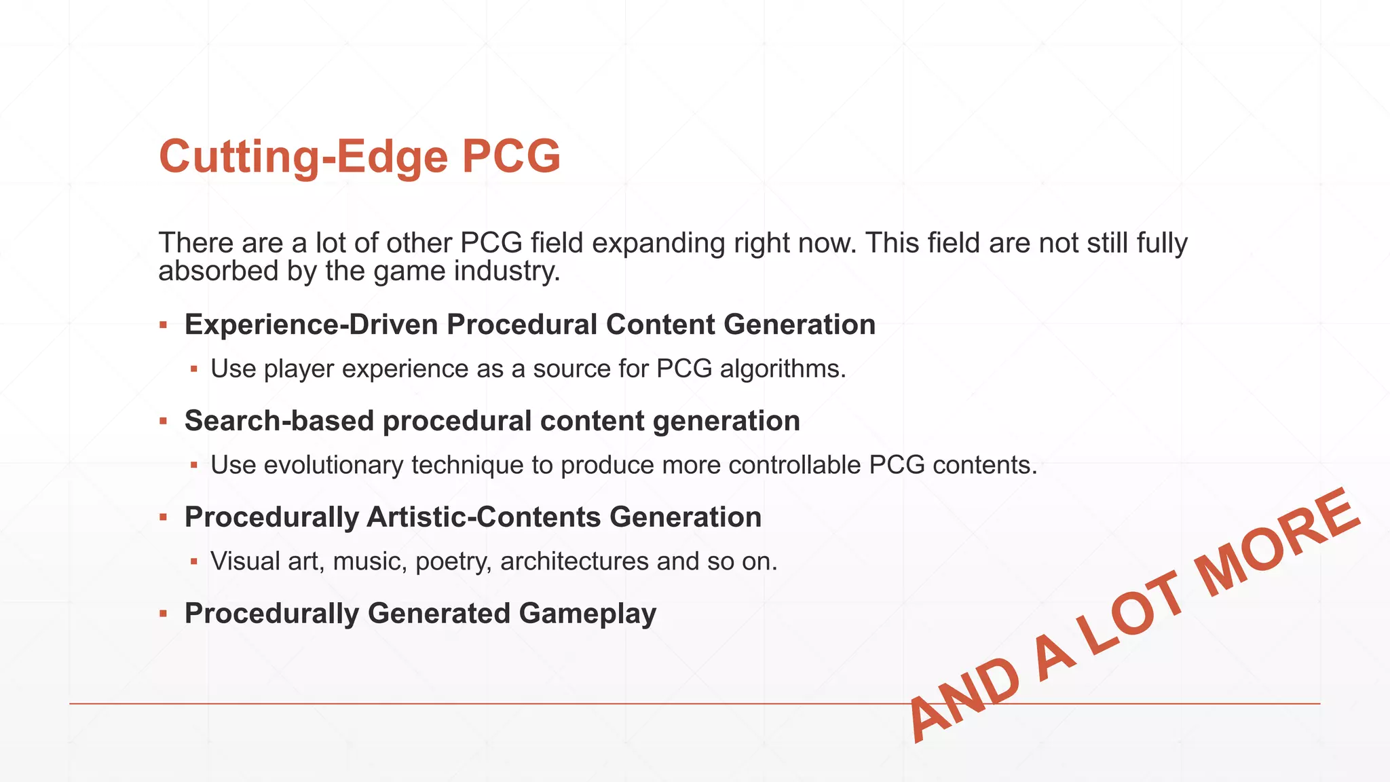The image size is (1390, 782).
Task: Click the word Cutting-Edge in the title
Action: click(x=303, y=157)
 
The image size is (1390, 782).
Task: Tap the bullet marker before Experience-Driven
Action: click(x=163, y=325)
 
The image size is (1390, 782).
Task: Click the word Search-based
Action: click(x=279, y=421)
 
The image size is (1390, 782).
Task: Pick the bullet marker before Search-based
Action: click(x=163, y=422)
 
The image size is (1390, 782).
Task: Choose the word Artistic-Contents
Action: click(x=483, y=517)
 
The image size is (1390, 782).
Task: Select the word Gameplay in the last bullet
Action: click(x=587, y=614)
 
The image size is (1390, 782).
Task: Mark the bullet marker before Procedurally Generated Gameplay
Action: click(x=163, y=614)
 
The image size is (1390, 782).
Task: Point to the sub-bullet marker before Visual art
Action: click(x=194, y=561)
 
